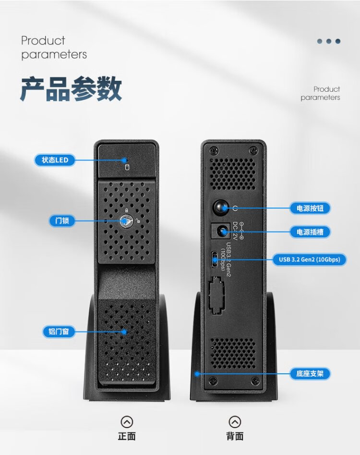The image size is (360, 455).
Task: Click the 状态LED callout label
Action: coord(55,160)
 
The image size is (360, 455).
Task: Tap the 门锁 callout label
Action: coord(62,221)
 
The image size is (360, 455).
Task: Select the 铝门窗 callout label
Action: coord(59,332)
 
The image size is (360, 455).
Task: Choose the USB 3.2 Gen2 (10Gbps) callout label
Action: coord(309,260)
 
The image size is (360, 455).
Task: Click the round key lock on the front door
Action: coord(126,221)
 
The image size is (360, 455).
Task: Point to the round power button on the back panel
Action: coord(221,208)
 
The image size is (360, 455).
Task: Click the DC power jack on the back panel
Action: coord(222,232)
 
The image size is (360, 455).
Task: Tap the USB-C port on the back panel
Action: coord(214,260)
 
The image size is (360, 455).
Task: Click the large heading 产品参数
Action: coord(71,89)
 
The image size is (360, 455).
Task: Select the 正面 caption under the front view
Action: coord(127,436)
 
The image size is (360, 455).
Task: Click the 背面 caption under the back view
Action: coord(235,436)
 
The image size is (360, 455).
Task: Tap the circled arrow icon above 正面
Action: coord(127,422)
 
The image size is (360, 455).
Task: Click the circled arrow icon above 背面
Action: coord(235,422)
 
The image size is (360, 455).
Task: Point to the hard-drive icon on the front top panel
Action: coord(127,167)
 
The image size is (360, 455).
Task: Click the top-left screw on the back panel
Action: coord(212,150)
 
